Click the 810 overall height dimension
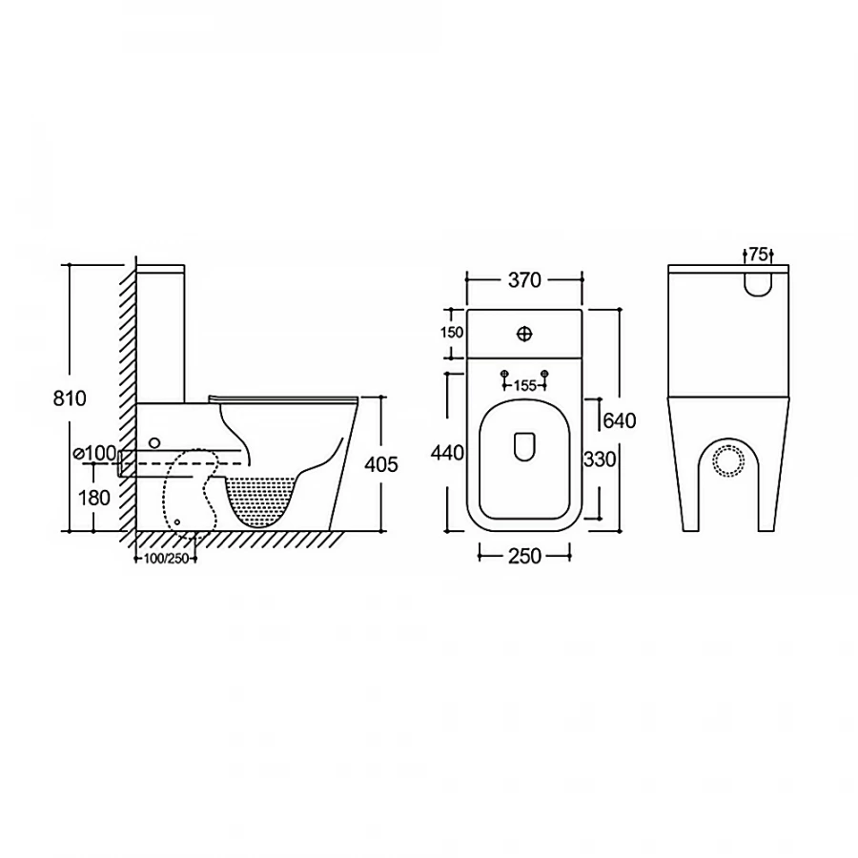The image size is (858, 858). (70, 398)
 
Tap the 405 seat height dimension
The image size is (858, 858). (381, 464)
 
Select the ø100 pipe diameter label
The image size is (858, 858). (95, 453)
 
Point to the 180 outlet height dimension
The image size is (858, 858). (94, 498)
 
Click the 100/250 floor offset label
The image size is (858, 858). (166, 559)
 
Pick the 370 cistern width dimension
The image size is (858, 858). (524, 280)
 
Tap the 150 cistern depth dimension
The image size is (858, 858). (452, 332)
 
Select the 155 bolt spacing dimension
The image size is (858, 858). (524, 386)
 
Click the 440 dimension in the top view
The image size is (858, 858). (447, 453)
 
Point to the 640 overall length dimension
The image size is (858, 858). (620, 420)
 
